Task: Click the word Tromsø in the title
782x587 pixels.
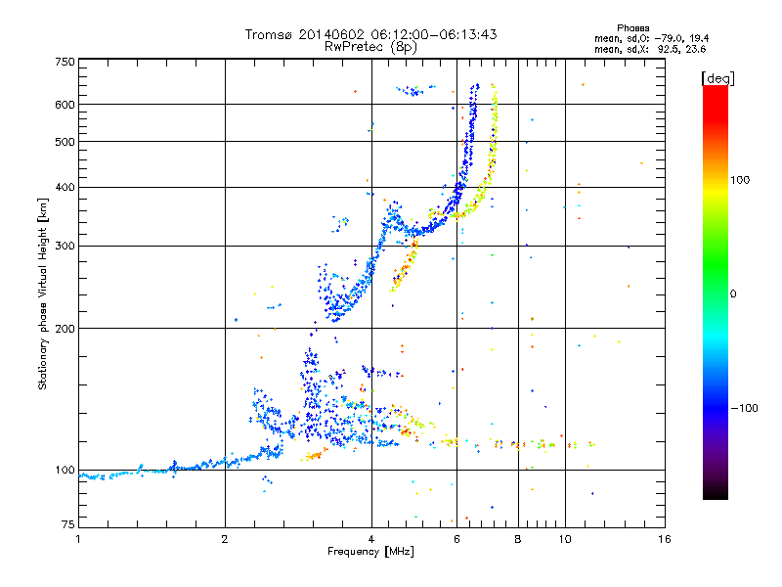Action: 268,34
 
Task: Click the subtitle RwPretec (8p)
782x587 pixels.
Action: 370,47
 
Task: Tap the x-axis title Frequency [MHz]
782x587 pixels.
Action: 370,552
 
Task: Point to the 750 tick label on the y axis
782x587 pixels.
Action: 65,62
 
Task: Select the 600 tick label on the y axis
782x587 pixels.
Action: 65,105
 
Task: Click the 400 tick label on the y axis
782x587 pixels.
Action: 65,187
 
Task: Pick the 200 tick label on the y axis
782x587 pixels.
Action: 65,329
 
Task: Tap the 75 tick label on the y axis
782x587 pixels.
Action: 67,524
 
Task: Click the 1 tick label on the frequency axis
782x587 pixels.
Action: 78,539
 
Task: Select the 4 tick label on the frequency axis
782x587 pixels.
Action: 371,539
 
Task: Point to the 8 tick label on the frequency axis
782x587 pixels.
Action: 518,539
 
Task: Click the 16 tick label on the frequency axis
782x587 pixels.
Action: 665,539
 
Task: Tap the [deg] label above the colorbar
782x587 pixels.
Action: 717,78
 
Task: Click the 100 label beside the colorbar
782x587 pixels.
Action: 740,180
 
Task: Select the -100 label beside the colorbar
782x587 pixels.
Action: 744,408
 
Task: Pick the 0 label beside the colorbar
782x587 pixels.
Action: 733,294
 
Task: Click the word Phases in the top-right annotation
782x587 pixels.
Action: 632,28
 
